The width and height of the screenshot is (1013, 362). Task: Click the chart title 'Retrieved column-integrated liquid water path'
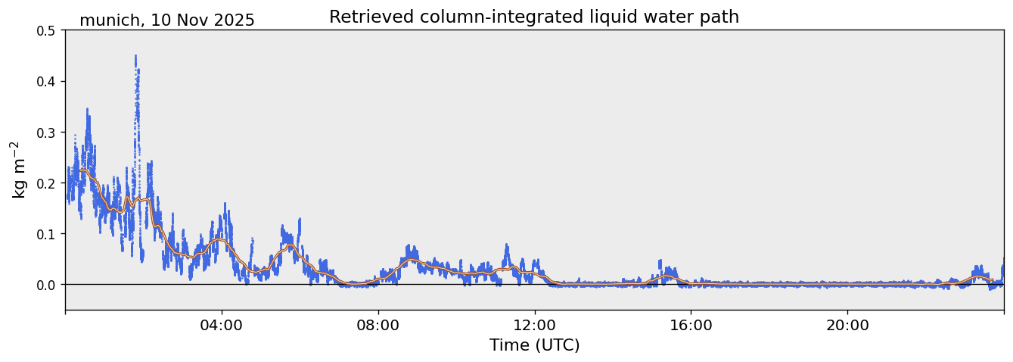(x=533, y=17)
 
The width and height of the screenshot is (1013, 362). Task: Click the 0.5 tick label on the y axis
(x=49, y=31)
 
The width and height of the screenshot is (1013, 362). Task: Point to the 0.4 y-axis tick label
(x=49, y=82)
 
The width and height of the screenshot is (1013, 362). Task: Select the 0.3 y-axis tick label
(x=49, y=133)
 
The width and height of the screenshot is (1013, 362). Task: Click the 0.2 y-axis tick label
(x=49, y=183)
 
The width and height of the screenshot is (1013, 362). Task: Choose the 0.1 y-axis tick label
(x=49, y=234)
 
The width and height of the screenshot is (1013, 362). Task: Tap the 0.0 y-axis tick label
(x=49, y=285)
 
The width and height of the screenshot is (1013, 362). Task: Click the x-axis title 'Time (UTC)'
(x=534, y=345)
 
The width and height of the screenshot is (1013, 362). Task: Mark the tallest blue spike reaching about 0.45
(x=135, y=57)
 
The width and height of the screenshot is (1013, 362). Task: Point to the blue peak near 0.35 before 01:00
(x=87, y=111)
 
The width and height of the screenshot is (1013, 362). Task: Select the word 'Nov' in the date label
(x=191, y=20)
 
